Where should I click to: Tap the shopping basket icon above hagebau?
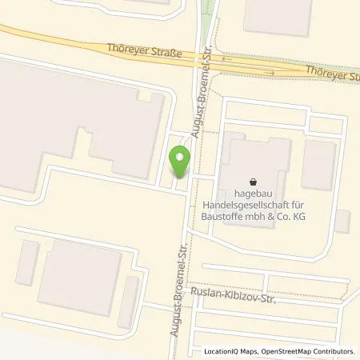(254, 182)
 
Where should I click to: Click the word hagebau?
(254, 193)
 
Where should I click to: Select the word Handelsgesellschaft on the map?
(253, 205)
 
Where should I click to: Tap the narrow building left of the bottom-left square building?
(27, 265)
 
